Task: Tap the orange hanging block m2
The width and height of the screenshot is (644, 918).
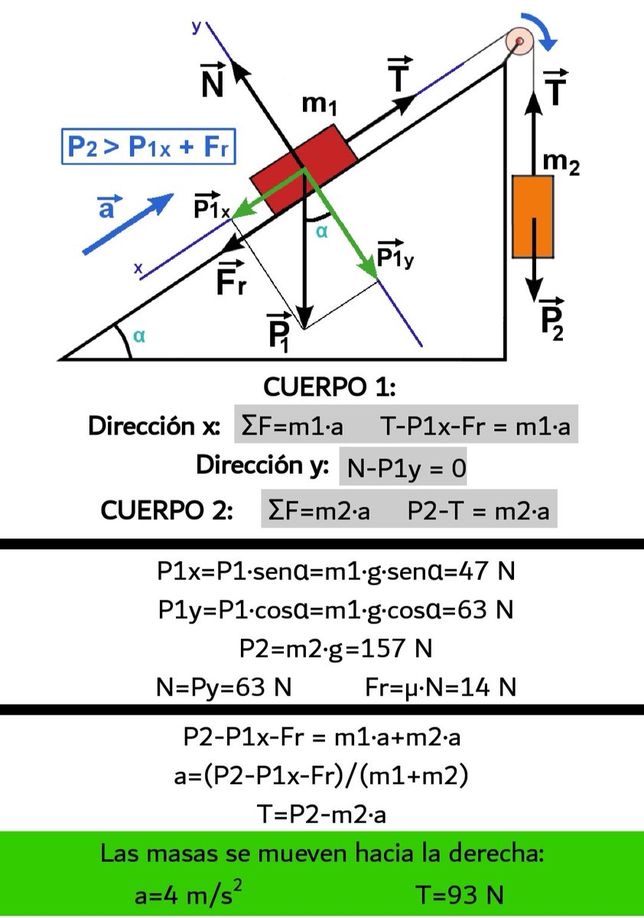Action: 533,216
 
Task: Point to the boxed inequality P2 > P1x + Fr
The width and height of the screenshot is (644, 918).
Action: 148,148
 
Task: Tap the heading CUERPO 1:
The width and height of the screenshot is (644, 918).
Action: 329,387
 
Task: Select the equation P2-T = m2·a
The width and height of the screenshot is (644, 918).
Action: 478,511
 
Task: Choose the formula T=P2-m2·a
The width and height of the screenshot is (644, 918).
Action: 321,814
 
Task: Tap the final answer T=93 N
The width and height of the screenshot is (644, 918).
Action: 459,894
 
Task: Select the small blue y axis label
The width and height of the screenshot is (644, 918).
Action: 197,27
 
